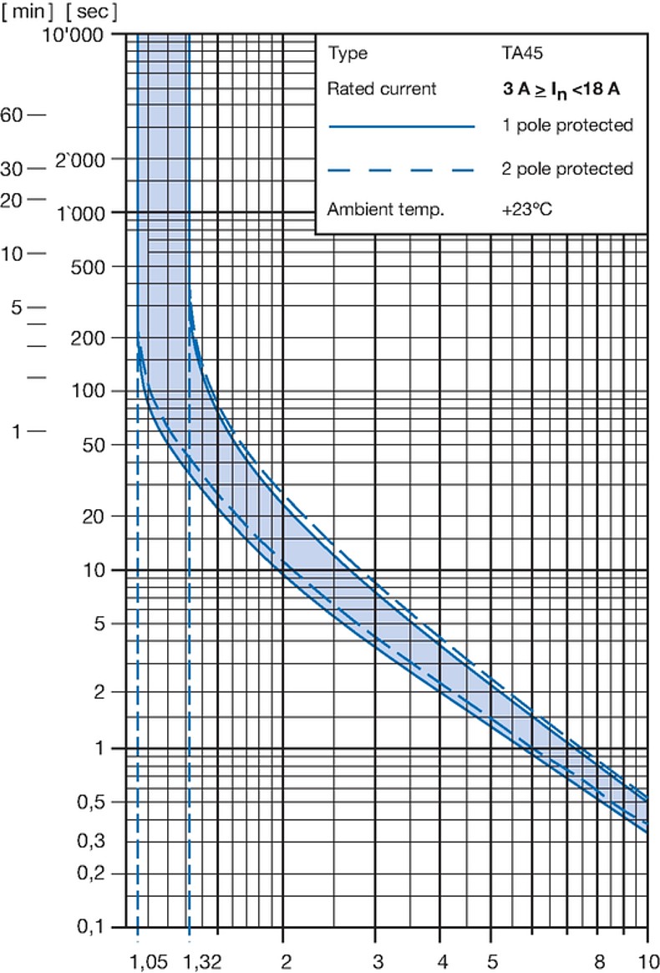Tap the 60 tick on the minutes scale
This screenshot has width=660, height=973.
[12, 115]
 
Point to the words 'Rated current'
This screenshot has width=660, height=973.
[382, 89]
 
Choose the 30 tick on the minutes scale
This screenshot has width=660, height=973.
[12, 169]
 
